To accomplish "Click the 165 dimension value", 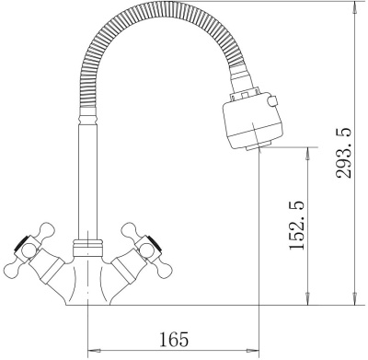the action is click(x=174, y=339).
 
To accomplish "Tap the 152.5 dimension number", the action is click(x=297, y=225).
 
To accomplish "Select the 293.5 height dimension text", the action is click(x=343, y=153).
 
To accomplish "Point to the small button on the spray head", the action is click(x=272, y=101).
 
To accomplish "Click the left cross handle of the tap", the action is click(x=29, y=249).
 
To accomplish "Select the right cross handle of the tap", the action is click(x=144, y=249).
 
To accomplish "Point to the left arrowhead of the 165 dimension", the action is click(x=93, y=350).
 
